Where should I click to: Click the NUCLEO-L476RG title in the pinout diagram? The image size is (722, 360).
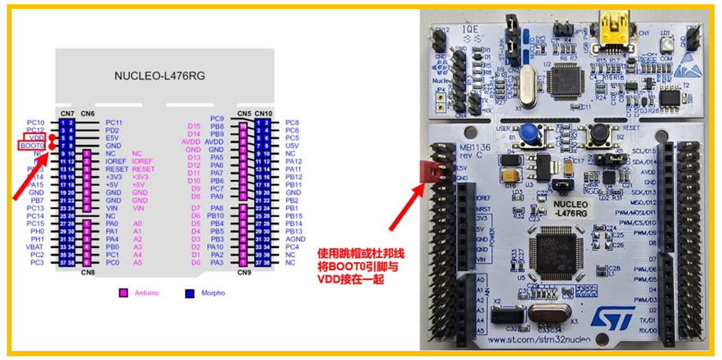tap(160, 76)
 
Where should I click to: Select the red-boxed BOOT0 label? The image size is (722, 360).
tap(32, 145)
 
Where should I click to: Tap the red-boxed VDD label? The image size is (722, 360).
tap(37, 138)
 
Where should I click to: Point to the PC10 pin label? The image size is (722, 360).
tap(36, 123)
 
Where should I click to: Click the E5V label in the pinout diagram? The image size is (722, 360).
tap(113, 138)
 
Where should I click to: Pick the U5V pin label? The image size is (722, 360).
tap(293, 145)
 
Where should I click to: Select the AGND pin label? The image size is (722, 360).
tap(295, 239)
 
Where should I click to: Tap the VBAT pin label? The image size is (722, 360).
tap(35, 247)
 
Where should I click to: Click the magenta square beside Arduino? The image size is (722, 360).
tap(123, 293)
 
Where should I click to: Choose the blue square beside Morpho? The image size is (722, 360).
tap(190, 293)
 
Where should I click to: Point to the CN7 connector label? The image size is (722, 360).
tap(67, 113)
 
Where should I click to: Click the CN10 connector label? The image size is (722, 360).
tap(263, 113)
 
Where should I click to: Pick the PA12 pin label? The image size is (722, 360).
tap(294, 161)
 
